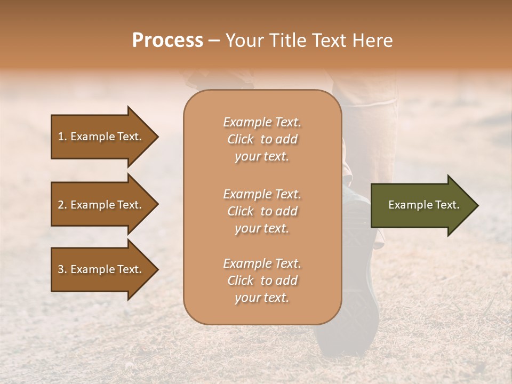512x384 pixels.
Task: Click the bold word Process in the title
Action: [x=167, y=41]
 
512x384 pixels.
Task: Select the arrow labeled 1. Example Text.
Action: [x=101, y=137]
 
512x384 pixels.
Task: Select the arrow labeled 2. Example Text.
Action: [x=101, y=205]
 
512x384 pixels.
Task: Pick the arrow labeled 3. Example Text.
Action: [x=101, y=269]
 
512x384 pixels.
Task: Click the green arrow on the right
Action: [x=421, y=205]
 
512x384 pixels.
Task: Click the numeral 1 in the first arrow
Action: [x=60, y=137]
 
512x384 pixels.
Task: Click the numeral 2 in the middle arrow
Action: [x=60, y=205]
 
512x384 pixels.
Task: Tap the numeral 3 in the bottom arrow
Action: [x=60, y=269]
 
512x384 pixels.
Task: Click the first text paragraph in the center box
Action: [x=262, y=139]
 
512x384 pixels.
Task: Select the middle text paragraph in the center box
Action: [x=262, y=211]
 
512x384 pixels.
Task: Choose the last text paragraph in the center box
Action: [x=262, y=281]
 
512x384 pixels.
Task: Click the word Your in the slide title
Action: [x=243, y=41]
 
